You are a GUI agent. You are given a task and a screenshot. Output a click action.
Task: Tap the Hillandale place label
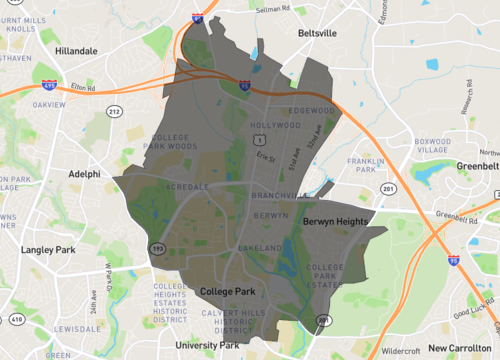pos(77,50)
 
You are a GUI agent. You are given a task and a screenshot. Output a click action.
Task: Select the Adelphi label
pos(83,173)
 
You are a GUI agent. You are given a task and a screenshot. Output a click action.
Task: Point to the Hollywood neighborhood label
pos(275,126)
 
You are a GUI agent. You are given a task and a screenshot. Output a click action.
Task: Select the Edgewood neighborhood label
pos(310,110)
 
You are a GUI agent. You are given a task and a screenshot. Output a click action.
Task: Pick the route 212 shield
pos(114,112)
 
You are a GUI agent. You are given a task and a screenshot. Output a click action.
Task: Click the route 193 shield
pos(157,248)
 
